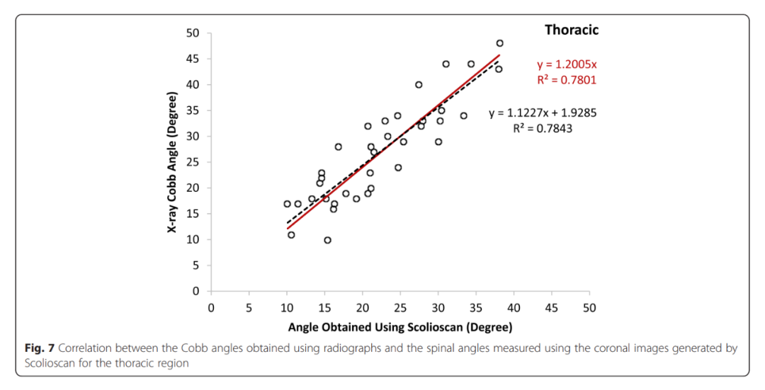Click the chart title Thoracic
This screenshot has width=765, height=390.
pos(571,30)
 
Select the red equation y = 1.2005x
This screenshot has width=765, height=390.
pos(566,64)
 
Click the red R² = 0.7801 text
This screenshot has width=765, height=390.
pos(566,80)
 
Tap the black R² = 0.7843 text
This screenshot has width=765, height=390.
pos(543,129)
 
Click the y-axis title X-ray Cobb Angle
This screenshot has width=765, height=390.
pos(172,162)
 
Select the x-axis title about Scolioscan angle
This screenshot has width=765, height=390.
pos(399,327)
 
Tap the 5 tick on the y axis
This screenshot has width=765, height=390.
pos(196,265)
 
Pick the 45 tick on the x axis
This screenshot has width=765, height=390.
pos(551,308)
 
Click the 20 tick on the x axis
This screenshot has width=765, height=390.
pos(362,308)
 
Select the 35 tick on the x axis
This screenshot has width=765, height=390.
pos(475,308)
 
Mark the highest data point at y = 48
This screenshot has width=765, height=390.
pos(499,43)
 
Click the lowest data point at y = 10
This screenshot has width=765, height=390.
pos(327,240)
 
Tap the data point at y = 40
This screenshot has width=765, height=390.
pos(419,85)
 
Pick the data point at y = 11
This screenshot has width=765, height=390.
pos(291,235)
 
